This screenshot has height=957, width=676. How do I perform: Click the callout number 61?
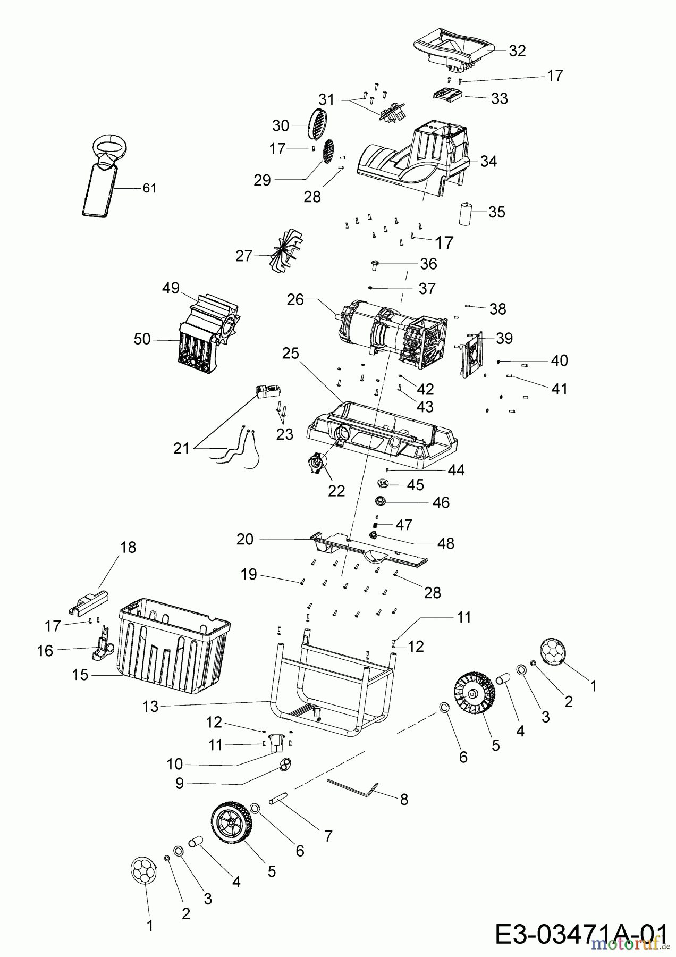149,188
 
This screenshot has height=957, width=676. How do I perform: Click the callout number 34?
488,161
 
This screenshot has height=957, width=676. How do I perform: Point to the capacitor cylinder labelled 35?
466,214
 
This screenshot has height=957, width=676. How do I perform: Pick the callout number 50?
142,339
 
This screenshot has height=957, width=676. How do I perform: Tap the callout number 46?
441,502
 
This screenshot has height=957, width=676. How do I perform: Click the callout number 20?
245,539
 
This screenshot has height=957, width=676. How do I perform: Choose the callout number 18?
128,547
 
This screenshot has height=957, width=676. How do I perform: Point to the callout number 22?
336,490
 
